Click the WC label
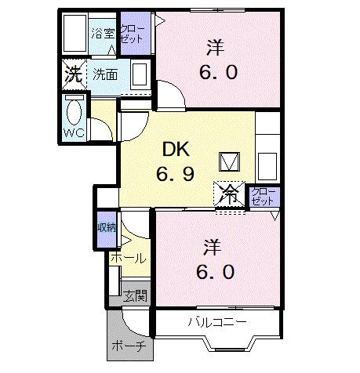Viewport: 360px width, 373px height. (x=74, y=133)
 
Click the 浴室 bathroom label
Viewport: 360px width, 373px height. (x=102, y=33)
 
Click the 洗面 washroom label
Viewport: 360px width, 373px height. (x=105, y=75)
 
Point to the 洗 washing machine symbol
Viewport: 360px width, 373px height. (x=73, y=76)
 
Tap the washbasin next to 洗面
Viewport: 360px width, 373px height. (x=139, y=76)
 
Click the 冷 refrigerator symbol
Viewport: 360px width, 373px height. (x=230, y=194)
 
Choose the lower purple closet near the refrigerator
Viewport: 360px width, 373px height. (x=261, y=197)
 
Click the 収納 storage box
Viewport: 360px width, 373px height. (x=106, y=228)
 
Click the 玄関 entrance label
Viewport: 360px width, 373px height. (x=135, y=295)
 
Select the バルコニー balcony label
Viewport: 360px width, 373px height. (x=218, y=322)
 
